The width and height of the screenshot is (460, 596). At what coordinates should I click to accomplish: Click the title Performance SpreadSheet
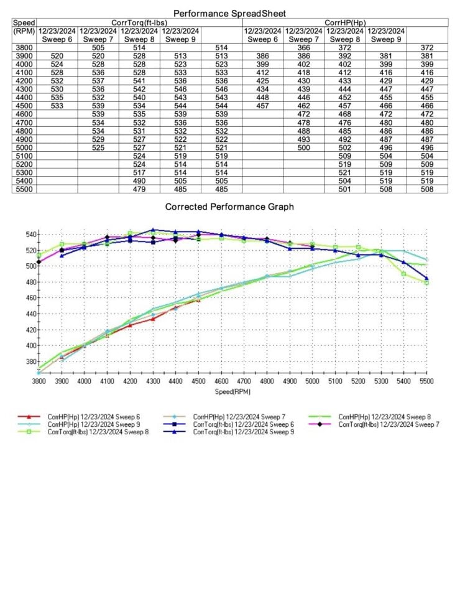[229, 13]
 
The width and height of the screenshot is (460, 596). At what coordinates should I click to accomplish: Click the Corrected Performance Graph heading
[229, 207]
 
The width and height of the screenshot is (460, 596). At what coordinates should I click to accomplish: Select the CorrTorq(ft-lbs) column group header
[139, 22]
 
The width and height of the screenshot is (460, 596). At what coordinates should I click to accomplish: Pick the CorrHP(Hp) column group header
[345, 22]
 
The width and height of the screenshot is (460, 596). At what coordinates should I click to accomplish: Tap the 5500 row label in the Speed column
[24, 189]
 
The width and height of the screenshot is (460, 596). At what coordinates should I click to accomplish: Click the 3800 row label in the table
[24, 47]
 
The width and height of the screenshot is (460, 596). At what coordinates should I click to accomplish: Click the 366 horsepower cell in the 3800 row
[304, 47]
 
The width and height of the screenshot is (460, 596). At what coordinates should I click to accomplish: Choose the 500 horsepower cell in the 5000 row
[304, 147]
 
